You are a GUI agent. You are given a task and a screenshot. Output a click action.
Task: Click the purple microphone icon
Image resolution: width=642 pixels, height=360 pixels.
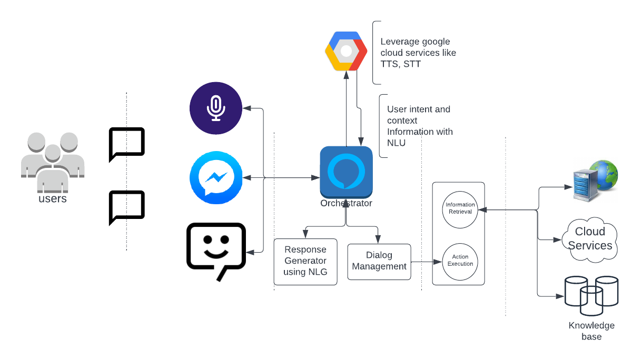coord(216,108)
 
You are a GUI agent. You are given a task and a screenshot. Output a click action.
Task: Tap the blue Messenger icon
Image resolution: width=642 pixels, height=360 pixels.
coord(216,177)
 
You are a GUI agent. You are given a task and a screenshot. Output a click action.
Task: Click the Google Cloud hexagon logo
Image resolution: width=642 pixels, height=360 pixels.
coord(346,51)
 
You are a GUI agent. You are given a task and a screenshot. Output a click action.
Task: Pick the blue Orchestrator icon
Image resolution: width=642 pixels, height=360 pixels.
coord(346,172)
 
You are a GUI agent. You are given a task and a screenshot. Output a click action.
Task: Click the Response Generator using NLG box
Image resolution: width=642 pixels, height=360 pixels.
coord(305,262)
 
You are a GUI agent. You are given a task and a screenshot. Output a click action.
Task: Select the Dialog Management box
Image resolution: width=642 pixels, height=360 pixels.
coord(379,262)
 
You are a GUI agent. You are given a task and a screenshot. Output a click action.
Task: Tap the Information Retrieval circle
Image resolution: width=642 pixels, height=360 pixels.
coord(460,209)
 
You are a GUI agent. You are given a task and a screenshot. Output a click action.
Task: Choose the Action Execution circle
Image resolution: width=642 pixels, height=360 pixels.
coord(460,262)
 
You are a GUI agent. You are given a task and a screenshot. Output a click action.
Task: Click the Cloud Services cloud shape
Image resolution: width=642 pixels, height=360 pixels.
coord(590,239)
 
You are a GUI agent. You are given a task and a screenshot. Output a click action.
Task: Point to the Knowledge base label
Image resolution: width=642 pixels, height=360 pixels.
coord(591,331)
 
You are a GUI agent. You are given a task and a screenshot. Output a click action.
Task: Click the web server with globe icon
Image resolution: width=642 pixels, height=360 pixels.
coord(596,181)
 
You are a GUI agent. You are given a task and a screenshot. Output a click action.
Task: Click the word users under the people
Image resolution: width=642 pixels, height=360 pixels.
coord(53,198)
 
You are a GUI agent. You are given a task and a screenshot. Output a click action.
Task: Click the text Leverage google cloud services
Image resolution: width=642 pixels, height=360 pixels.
coord(418,53)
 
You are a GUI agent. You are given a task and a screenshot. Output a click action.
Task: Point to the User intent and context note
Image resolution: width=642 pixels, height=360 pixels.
coord(420,126)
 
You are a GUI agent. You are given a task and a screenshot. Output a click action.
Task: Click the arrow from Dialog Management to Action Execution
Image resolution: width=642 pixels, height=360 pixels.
coord(427,262)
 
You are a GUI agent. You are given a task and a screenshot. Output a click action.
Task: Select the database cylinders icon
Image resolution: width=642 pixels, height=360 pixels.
coord(591,296)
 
